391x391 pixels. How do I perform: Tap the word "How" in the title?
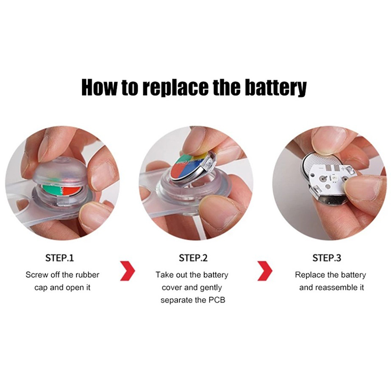pos(99,87)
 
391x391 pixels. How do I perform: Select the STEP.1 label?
pos(60,258)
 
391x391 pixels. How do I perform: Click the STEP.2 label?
pos(193,258)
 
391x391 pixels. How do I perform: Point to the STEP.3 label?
pos(326,258)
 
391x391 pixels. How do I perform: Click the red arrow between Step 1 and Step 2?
pos(128,271)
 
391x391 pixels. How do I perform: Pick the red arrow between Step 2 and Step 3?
pos(265,271)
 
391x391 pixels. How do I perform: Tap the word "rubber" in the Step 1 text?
pos(87,275)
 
